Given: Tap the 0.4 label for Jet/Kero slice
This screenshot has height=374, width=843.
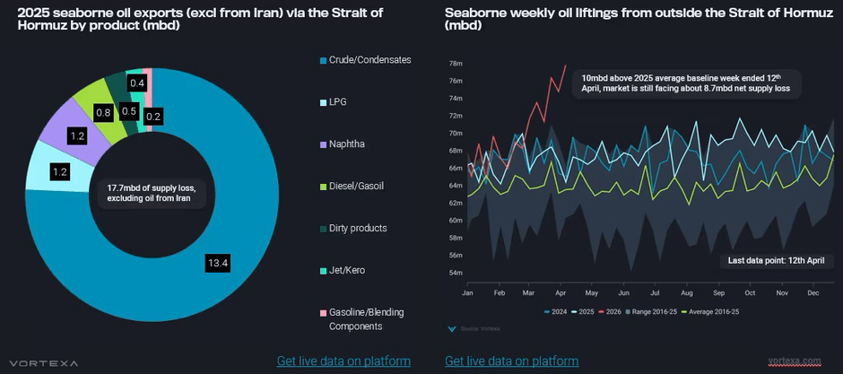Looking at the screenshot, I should (137, 83).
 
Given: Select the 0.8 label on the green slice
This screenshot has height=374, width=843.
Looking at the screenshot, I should (104, 113).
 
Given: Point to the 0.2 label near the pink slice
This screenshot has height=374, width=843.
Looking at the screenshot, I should (153, 116).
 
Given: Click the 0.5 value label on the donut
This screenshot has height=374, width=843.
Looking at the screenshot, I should (129, 112).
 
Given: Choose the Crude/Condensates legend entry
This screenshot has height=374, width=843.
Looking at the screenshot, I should (369, 60).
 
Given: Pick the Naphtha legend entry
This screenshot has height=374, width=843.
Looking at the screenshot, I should (346, 144).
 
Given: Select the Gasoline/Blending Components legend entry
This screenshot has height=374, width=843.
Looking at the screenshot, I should (366, 319).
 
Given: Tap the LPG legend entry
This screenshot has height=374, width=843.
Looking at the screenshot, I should (337, 102).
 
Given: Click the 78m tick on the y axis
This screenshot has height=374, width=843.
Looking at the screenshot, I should (455, 64).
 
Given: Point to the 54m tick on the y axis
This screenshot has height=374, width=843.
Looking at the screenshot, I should (455, 273).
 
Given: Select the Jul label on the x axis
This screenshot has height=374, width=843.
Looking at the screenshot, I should (656, 293).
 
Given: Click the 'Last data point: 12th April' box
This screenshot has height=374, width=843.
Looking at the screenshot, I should (773, 261).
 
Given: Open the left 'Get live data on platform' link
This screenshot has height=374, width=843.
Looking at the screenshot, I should (343, 361).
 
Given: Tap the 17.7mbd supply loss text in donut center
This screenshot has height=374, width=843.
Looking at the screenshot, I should (151, 193).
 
